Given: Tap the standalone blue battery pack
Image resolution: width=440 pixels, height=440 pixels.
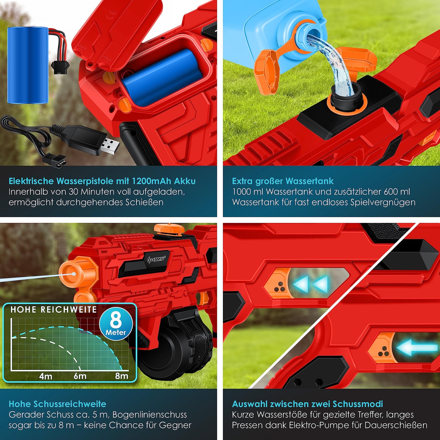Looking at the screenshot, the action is point(28,65).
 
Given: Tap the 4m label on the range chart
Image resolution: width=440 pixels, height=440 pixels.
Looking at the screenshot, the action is point(46,376).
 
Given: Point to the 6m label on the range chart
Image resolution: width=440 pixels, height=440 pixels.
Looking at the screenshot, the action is point(80,376).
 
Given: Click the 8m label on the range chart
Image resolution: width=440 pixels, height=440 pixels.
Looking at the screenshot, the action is point(122,376).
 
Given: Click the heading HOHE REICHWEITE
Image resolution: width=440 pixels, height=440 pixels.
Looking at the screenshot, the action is point(54,310).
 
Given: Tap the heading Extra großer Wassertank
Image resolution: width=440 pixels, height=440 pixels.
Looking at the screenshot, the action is point(283,181).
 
